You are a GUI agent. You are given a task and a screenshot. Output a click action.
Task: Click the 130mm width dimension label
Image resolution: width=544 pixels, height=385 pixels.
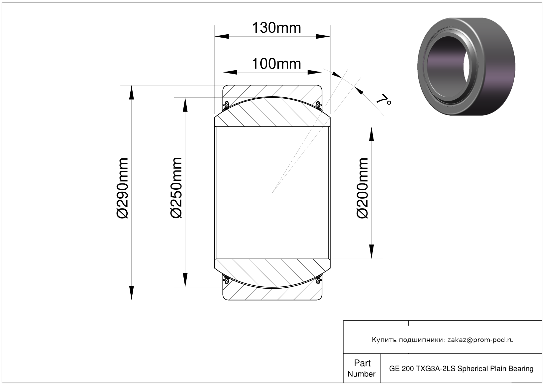(x=276, y=28)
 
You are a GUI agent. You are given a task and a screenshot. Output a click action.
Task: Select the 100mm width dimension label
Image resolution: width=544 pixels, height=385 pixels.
(x=276, y=64)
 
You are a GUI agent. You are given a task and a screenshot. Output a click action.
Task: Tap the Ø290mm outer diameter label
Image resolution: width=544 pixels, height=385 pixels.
(x=122, y=188)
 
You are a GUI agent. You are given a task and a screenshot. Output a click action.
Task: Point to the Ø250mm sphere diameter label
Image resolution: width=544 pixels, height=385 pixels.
(x=176, y=188)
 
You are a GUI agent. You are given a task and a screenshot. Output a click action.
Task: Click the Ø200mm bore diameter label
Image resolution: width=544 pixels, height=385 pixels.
(x=362, y=188)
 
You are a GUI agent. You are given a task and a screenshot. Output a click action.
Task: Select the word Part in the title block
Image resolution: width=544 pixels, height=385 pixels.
(x=362, y=363)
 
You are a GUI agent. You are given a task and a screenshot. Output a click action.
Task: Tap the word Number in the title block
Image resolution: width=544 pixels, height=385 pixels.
(x=361, y=374)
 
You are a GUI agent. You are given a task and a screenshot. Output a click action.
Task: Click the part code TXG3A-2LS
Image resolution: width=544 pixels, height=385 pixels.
(x=436, y=369)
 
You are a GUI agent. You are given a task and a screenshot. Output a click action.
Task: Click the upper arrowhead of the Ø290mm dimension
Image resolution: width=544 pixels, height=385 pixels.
(x=131, y=93)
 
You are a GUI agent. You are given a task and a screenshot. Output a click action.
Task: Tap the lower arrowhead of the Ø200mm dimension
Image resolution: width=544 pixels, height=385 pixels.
(x=371, y=251)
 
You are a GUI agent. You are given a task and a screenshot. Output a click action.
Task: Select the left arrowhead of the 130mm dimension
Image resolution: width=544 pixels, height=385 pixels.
(x=222, y=36)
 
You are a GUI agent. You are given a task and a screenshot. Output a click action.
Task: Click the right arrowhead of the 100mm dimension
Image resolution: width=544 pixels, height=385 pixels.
(x=315, y=72)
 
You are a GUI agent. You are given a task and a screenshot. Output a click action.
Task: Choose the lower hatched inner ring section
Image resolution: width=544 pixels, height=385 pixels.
(x=272, y=273)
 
